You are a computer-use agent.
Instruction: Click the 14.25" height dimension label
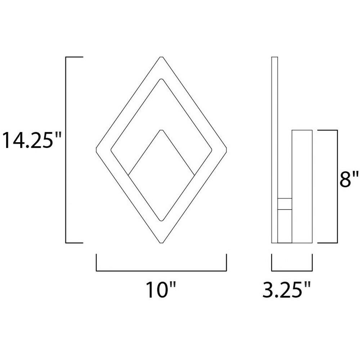[x=31, y=140]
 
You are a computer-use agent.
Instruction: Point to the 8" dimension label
[x=349, y=179]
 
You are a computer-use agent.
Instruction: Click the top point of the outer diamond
[x=161, y=57]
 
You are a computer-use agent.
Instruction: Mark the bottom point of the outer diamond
[x=161, y=243]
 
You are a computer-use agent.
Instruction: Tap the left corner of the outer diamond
[x=96, y=150]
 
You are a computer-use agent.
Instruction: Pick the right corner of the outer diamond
[x=226, y=150]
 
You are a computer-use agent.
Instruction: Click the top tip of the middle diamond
[x=161, y=79]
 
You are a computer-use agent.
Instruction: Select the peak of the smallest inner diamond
[x=161, y=130]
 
